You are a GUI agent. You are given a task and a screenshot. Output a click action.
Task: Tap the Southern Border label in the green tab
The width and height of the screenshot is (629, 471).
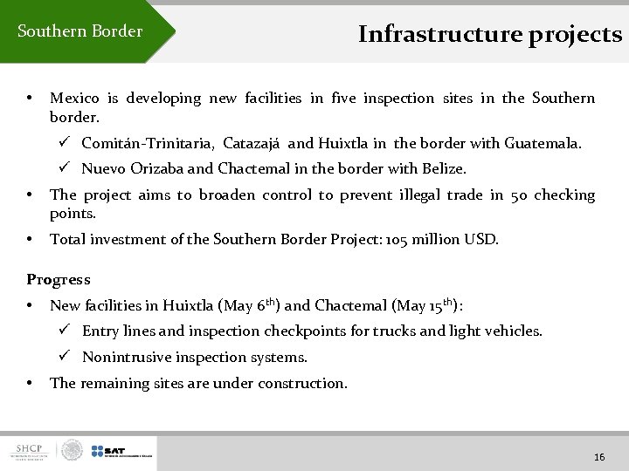click(x=79, y=31)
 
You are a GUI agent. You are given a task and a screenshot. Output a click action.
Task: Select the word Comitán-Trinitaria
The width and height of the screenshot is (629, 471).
click(x=149, y=143)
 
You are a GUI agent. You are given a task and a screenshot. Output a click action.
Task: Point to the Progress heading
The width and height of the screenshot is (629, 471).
click(x=59, y=280)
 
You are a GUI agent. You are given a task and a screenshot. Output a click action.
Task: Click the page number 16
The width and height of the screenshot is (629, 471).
click(x=599, y=457)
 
